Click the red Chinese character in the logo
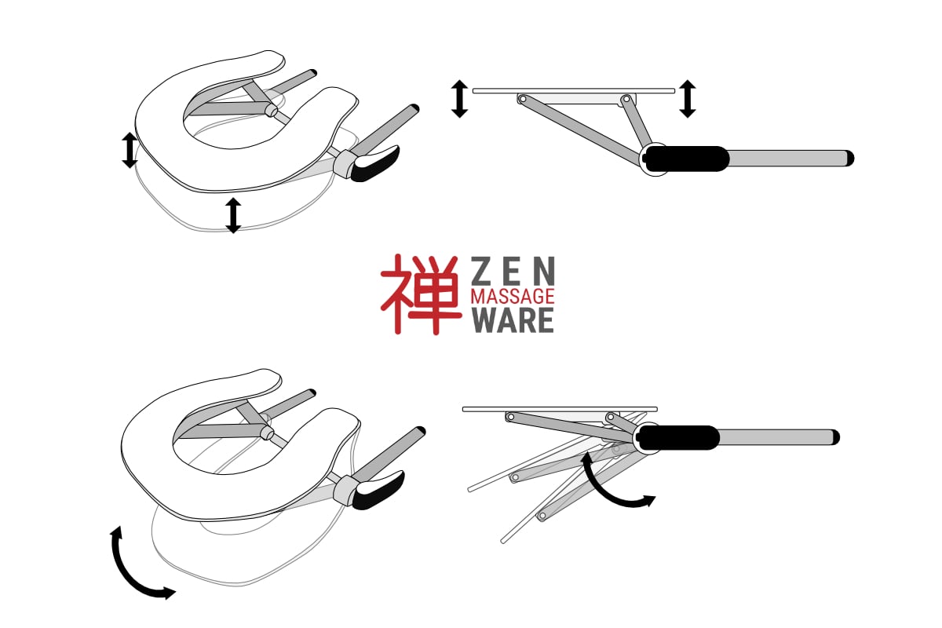point(421,294)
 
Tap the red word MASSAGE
point(512,296)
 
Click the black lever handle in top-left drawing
point(375,163)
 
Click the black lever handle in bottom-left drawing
point(378,490)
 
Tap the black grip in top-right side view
point(686,159)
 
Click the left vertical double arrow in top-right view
point(460,99)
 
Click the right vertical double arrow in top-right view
point(688,98)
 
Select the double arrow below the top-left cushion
point(233,215)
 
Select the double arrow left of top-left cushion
point(130,150)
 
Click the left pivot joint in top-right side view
point(522,99)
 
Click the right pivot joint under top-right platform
point(626,99)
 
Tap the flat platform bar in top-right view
point(574,91)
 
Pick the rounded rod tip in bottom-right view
point(835,437)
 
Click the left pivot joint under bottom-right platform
point(511,418)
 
